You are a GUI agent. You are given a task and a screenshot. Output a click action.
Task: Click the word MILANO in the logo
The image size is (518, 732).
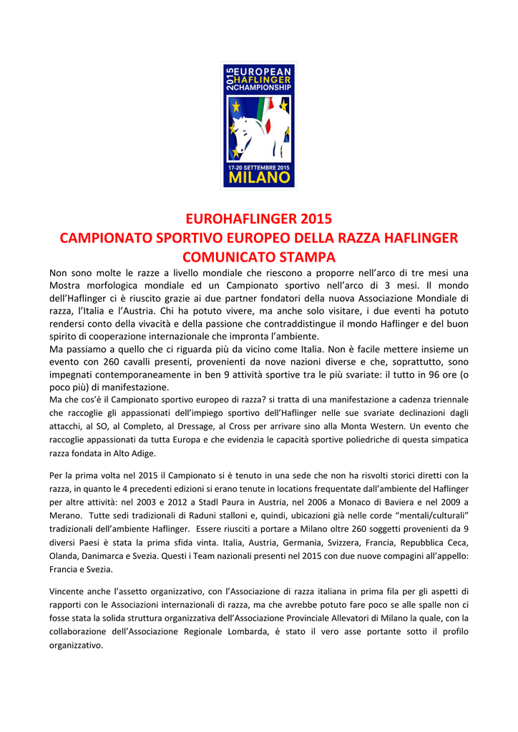coord(258,177)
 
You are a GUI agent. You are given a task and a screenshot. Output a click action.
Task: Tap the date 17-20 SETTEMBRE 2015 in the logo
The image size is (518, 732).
coord(258,167)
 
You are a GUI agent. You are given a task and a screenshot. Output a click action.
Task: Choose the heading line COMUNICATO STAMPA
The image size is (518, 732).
coord(259,256)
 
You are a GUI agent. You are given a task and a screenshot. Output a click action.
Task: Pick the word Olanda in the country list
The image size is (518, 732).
coord(65,556)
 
